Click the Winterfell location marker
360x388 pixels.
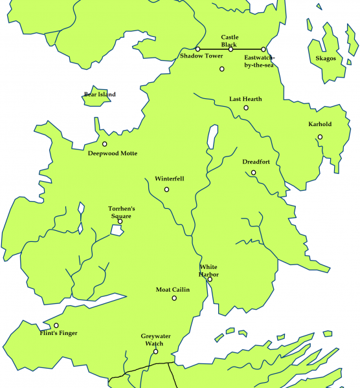167,189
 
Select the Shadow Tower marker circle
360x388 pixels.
197,49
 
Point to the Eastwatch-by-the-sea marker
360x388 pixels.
264,49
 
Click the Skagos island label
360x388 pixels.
326,58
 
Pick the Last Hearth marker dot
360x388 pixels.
246,107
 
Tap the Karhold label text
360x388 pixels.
320,125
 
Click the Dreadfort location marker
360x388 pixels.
254,173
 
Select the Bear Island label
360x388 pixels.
100,95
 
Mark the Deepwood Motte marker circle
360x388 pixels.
104,144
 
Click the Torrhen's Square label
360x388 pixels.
121,212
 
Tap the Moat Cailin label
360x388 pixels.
173,290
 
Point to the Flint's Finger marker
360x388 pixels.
56,325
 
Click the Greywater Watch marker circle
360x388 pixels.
155,352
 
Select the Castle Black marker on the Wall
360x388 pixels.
231,49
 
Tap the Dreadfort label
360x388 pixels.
256,162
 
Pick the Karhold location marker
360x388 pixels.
320,136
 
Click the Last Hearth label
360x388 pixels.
245,99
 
